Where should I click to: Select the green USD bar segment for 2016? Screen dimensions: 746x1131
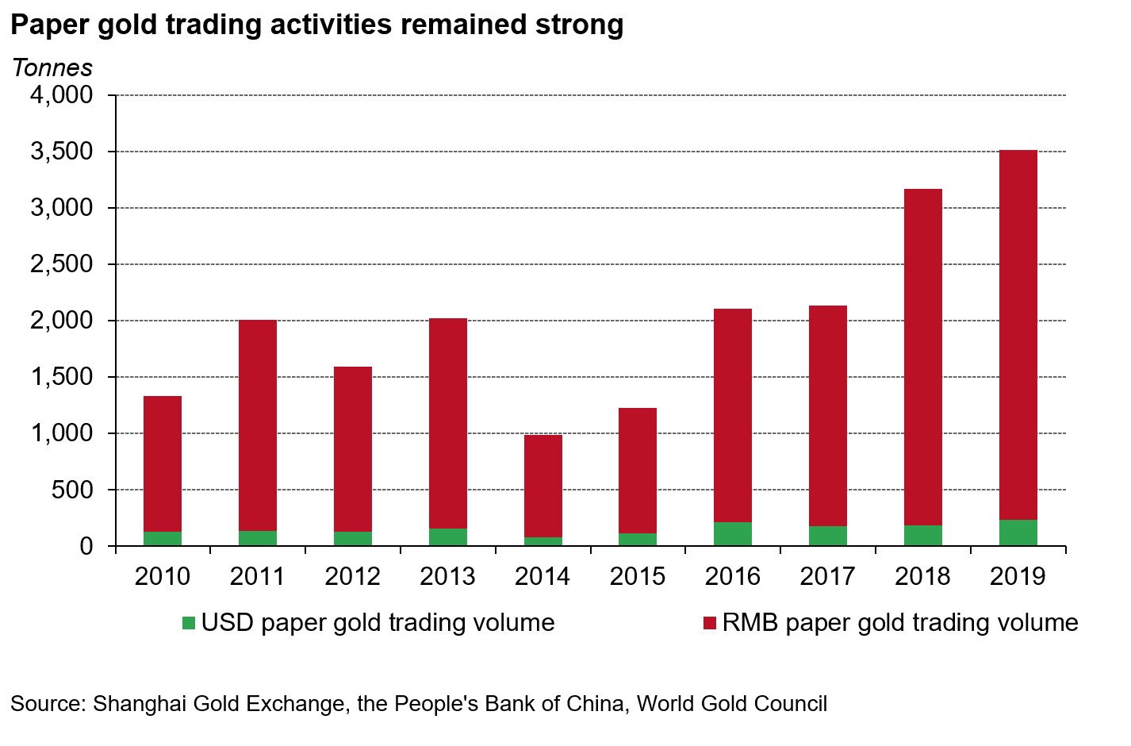pos(733,534)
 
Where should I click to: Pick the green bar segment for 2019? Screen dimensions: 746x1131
pos(1018,533)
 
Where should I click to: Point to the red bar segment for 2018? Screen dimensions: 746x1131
pos(922,357)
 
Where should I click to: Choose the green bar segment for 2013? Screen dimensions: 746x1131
pos(448,537)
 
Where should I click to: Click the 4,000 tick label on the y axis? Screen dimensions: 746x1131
pos(62,95)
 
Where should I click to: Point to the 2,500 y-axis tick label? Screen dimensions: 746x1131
pos(62,264)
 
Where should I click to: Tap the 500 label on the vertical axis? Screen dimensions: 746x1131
pos(73,490)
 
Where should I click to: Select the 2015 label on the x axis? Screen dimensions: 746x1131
pos(638,576)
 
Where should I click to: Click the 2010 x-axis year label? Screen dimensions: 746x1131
pos(163,576)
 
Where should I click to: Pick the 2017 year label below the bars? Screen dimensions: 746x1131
pos(828,576)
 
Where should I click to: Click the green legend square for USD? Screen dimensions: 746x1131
pos(189,623)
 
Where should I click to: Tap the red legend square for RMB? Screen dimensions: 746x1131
pos(710,623)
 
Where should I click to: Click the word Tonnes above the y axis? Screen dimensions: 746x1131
pos(52,68)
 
